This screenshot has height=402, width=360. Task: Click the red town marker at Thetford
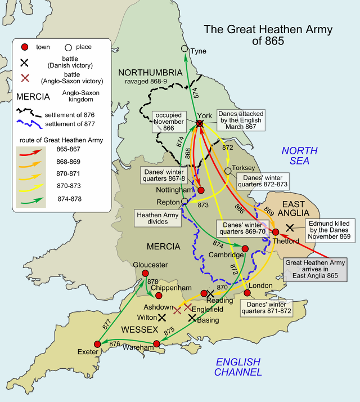[x=276, y=232]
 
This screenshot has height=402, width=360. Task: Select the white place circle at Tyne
[x=184, y=48]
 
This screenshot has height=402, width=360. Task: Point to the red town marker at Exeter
[x=97, y=344]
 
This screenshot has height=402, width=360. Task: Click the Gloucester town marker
[x=146, y=273]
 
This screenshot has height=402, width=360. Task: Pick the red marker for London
[x=247, y=293]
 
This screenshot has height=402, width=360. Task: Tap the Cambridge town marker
[x=245, y=248]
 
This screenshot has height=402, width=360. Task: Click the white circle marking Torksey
[x=228, y=170]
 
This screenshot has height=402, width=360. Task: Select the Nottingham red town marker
[x=201, y=190]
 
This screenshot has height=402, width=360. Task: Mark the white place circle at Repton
[x=184, y=201]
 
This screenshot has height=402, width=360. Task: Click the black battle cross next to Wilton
[x=162, y=318]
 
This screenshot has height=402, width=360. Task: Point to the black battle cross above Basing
[x=192, y=318]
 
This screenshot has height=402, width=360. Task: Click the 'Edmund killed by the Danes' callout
[x=329, y=230]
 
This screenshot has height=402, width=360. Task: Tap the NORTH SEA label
[x=300, y=156]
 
